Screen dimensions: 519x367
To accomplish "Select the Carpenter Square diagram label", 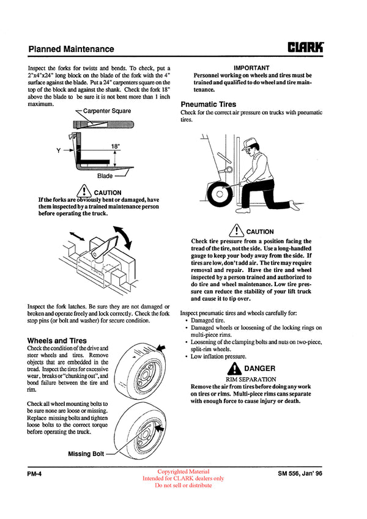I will click(106, 111).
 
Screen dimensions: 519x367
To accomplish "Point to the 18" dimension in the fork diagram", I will click(116, 147).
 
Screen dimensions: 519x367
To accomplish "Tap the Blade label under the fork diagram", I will click(105, 176).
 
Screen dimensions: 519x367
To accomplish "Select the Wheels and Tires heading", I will click(57, 340).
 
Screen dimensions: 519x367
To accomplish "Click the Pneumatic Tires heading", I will click(208, 105).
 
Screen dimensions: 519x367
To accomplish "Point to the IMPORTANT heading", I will click(251, 67).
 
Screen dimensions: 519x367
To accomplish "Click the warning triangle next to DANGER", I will click(235, 369).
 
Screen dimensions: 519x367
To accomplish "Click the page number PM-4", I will click(37, 474).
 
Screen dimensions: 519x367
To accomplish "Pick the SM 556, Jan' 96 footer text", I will click(300, 474).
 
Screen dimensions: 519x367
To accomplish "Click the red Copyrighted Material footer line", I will click(183, 471).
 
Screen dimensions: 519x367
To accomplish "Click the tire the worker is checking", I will click(218, 197).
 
